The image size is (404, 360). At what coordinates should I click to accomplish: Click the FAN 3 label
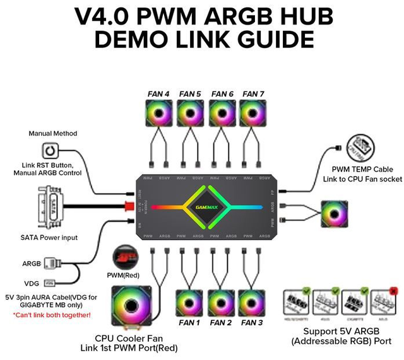252,323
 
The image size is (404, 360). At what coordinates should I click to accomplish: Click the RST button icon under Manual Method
50,151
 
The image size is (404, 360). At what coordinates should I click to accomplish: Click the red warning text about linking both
52,315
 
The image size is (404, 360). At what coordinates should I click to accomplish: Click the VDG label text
31,283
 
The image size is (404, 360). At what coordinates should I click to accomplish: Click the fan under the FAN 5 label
189,115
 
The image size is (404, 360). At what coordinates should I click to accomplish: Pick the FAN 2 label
220,323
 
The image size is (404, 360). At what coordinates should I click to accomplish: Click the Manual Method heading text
53,134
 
